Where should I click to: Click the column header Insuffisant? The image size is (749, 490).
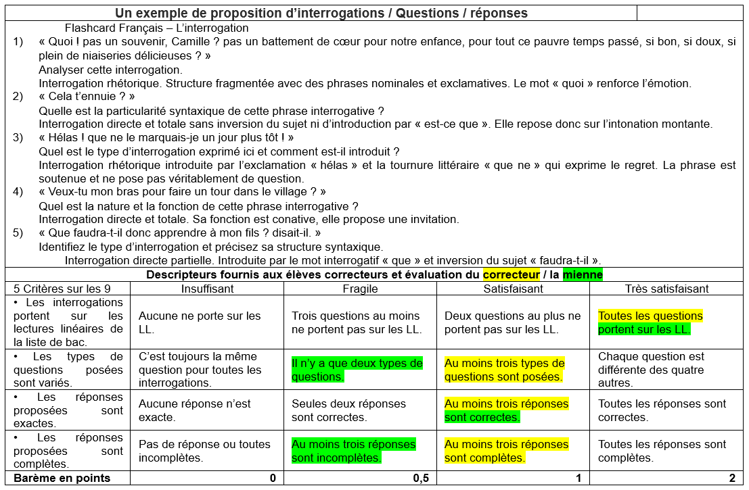207,289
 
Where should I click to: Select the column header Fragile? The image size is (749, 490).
360,289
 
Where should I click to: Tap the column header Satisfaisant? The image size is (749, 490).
513,289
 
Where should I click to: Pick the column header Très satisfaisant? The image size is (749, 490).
666,289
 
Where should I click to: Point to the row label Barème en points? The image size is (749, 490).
62,479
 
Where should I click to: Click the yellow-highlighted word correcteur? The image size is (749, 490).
510,275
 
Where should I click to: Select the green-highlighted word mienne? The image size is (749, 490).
583,275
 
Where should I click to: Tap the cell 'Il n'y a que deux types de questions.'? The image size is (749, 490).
357,370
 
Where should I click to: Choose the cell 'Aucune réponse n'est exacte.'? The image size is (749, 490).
195,410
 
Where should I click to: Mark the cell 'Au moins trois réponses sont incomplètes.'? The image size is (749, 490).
353,451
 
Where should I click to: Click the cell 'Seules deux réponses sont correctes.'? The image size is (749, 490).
348,410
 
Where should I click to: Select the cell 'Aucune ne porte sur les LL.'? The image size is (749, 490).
199,322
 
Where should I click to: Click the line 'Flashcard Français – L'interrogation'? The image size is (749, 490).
157,28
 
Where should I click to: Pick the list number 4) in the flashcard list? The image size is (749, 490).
19,192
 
